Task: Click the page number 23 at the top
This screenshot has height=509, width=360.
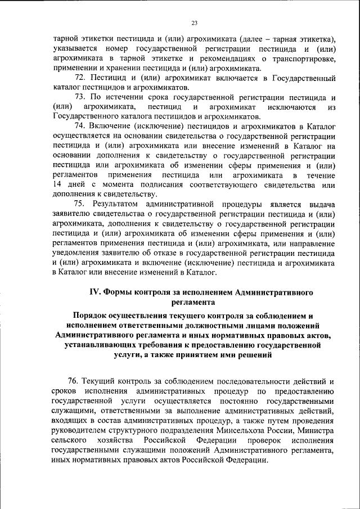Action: (195, 22)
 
